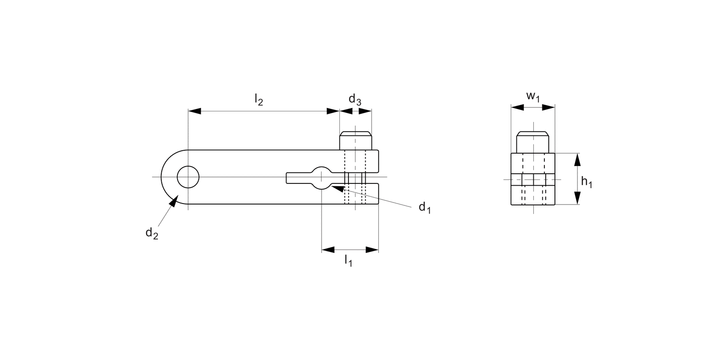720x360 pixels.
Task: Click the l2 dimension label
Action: coord(259,100)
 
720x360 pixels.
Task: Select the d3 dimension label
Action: coord(355,100)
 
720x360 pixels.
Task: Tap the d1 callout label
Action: coord(424,207)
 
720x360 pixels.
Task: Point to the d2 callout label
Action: coord(152,233)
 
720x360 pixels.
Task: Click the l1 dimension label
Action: coord(348,261)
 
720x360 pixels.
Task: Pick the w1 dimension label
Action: coord(533,96)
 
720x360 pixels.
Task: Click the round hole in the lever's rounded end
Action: coord(188,177)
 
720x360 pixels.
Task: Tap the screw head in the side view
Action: coord(356,140)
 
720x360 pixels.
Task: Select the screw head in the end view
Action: coord(533,142)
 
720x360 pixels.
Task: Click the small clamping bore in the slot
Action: coord(321,178)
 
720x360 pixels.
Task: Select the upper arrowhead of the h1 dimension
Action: coord(577,159)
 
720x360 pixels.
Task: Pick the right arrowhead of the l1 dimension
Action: coord(372,250)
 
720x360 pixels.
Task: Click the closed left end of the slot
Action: coord(288,178)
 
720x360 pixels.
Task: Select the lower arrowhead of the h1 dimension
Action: coord(577,198)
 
